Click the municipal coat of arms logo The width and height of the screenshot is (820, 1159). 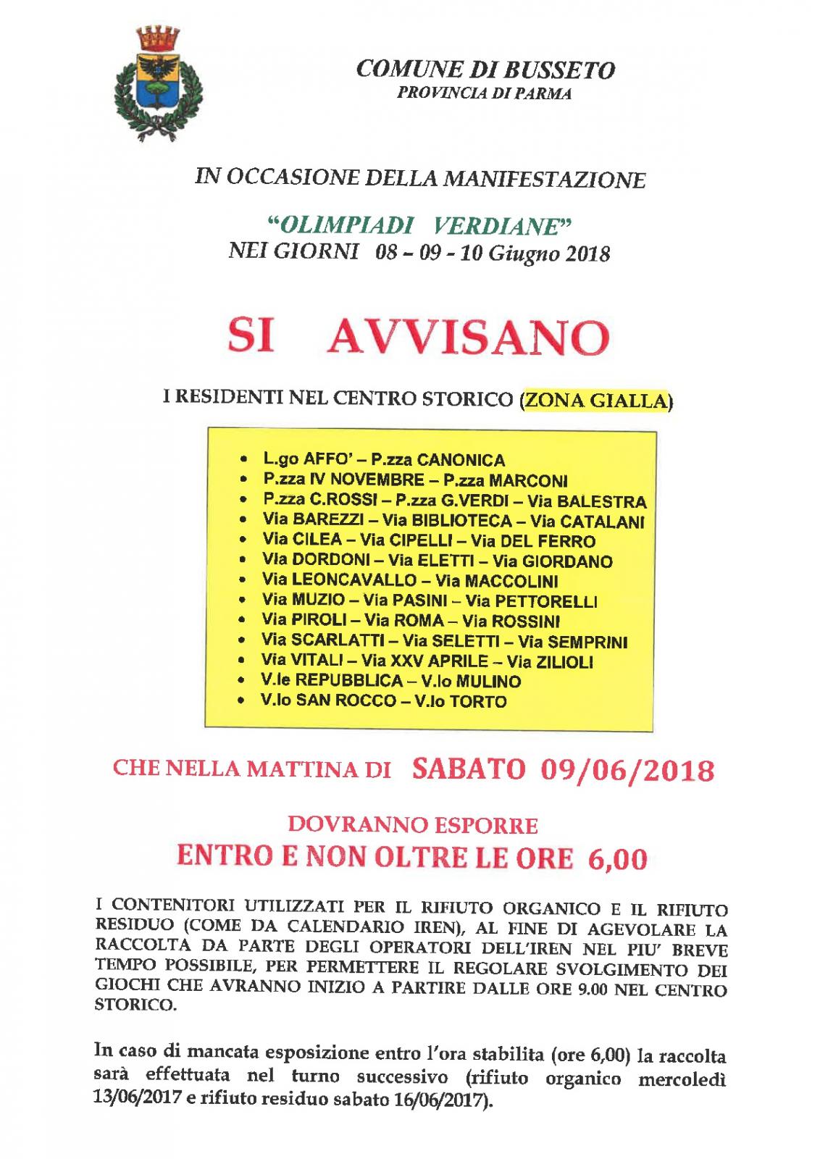pyautogui.click(x=159, y=82)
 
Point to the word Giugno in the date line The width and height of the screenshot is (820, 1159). pyautogui.click(x=517, y=254)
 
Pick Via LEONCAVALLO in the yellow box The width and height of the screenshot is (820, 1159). pyautogui.click(x=339, y=581)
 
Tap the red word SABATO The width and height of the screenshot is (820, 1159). pyautogui.click(x=468, y=769)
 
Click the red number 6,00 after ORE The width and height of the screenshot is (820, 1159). pyautogui.click(x=618, y=859)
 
